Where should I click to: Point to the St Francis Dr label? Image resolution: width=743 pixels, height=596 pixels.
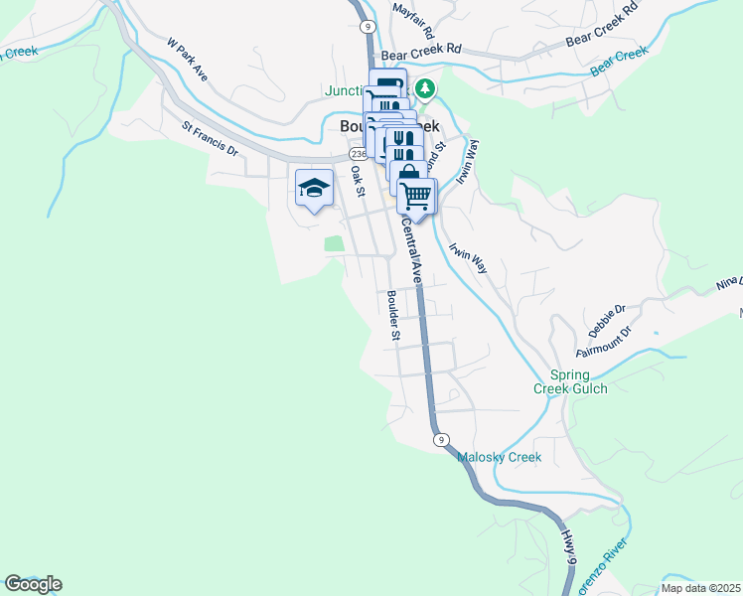click(211, 139)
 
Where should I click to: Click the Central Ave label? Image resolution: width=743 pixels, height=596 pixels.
click(412, 250)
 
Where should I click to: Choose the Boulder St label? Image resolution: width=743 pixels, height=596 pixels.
click(393, 316)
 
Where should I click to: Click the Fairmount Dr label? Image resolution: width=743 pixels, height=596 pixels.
click(604, 342)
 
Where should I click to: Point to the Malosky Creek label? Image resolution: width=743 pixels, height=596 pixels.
click(499, 457)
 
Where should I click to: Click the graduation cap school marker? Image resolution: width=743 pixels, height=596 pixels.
click(314, 187)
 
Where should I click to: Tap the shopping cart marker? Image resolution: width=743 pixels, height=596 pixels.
click(417, 195)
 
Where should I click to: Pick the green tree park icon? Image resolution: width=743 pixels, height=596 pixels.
click(425, 89)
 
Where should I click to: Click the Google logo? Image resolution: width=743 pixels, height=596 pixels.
click(33, 584)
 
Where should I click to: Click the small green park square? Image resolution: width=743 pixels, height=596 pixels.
click(334, 243)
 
